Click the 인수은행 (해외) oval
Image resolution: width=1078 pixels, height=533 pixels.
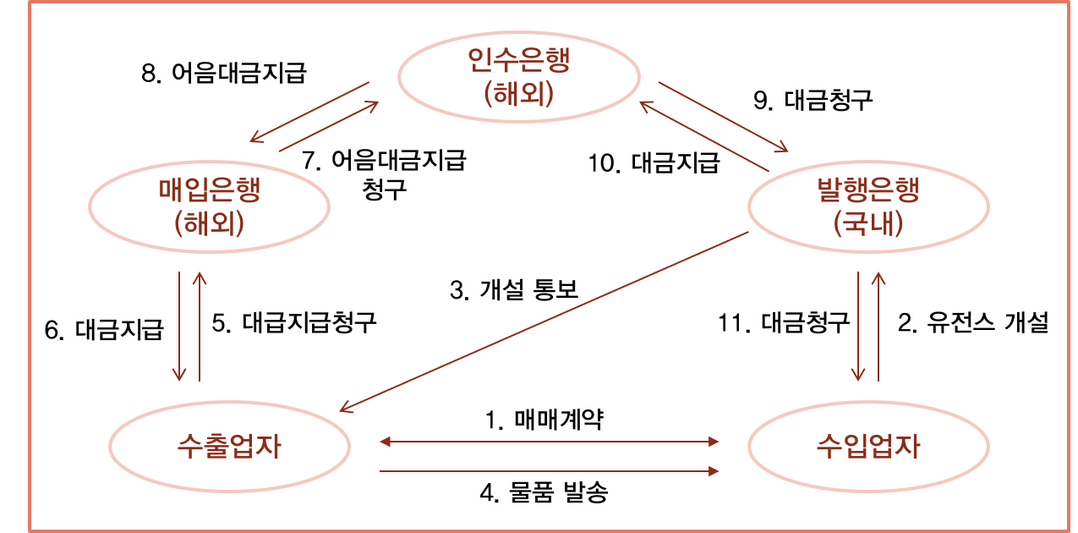tap(519, 77)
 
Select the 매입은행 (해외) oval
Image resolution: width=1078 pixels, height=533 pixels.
tap(209, 206)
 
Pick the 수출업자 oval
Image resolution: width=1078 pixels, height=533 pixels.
tap(230, 446)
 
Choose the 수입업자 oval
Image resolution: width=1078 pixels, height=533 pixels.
tap(868, 446)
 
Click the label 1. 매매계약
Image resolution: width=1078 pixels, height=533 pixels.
tap(545, 419)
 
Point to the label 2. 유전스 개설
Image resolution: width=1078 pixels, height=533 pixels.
tap(972, 322)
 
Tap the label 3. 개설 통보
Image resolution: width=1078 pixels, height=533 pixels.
tap(513, 291)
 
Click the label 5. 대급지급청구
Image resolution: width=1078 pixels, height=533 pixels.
tap(293, 322)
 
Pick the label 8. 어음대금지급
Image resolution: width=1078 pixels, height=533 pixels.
tap(223, 73)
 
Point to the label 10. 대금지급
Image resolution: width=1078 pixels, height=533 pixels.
tap(654, 162)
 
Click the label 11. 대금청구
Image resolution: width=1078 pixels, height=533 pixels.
tap(783, 322)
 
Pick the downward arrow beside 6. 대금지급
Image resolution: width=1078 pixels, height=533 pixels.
tap(180, 327)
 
